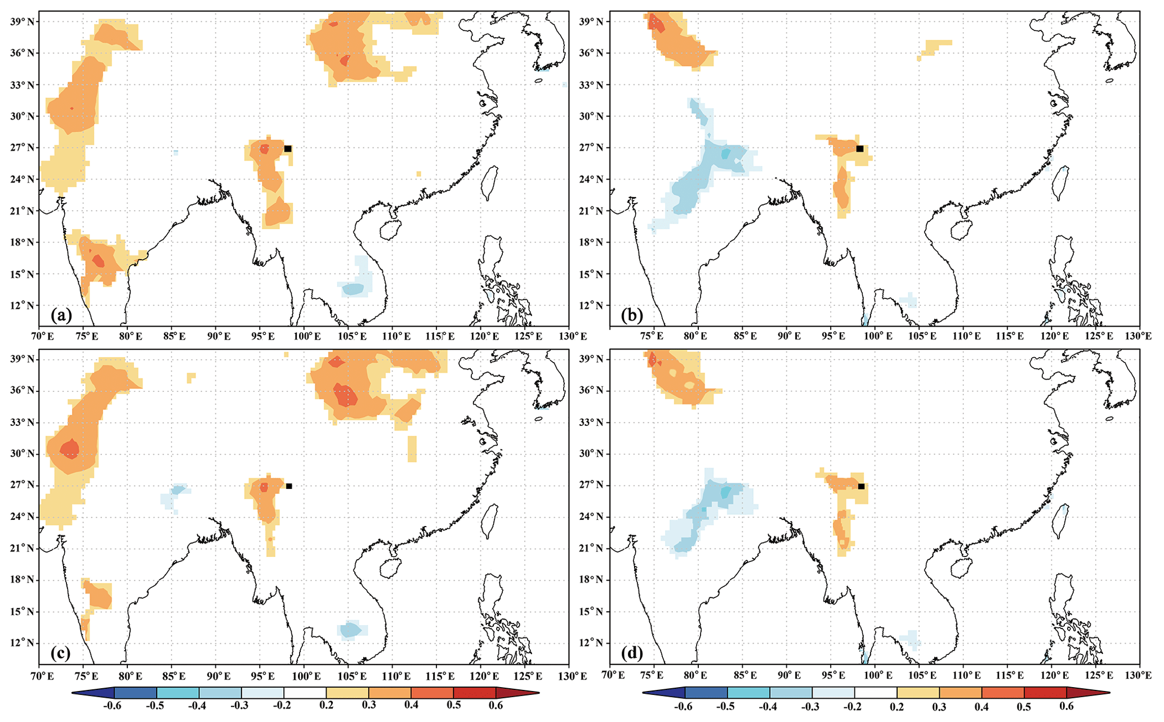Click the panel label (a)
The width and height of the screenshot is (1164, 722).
pyautogui.click(x=61, y=315)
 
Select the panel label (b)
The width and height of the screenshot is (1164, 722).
pyautogui.click(x=632, y=315)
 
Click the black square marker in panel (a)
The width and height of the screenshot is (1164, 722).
pyautogui.click(x=288, y=149)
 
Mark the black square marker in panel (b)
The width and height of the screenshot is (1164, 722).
pyautogui.click(x=860, y=149)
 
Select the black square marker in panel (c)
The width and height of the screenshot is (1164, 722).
pyautogui.click(x=289, y=486)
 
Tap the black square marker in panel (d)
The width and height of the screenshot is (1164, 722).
pyautogui.click(x=861, y=486)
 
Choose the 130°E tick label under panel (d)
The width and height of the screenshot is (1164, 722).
pyautogui.click(x=1139, y=675)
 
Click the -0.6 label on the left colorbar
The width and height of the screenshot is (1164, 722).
pyautogui.click(x=114, y=706)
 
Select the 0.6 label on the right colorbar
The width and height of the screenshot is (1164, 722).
pyautogui.click(x=1067, y=706)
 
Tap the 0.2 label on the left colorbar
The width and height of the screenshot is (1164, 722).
pyautogui.click(x=326, y=706)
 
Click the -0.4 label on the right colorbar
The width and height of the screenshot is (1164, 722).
pyautogui.click(x=770, y=706)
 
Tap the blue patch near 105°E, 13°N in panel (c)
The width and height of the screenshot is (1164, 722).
pyautogui.click(x=350, y=630)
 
